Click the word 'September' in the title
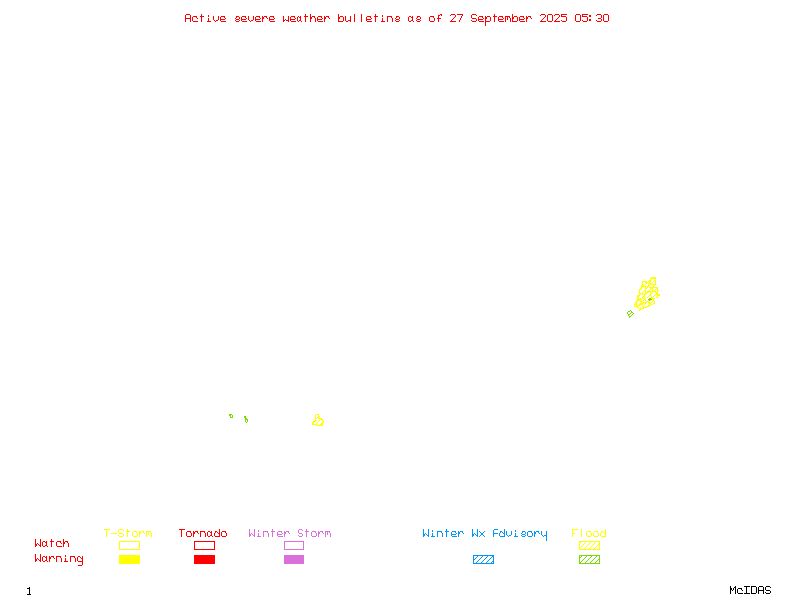click(x=501, y=19)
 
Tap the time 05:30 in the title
click(x=592, y=18)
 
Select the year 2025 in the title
click(x=554, y=18)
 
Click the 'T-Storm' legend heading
click(x=128, y=533)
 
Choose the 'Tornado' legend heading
click(x=203, y=533)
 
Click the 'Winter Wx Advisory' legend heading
click(x=485, y=534)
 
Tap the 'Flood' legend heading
click(x=589, y=533)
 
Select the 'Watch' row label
click(x=52, y=543)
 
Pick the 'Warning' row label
click(x=59, y=559)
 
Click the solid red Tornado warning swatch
click(x=205, y=559)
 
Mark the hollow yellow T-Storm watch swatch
click(x=130, y=545)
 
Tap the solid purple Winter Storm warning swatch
click(x=294, y=559)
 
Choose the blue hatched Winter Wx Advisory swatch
click(x=483, y=559)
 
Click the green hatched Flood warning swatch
click(x=589, y=559)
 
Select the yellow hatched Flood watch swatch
click(x=589, y=545)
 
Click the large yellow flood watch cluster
click(x=647, y=295)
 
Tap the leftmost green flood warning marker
click(x=231, y=416)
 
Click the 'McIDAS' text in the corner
click(x=750, y=590)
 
